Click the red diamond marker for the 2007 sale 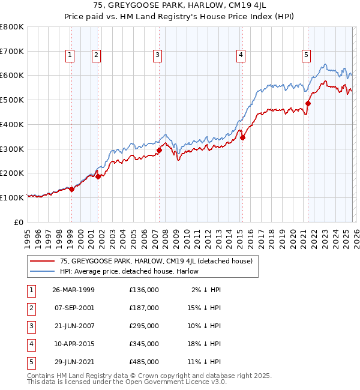159,150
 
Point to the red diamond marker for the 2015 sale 243,137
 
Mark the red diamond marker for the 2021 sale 308,103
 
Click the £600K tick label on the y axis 11,76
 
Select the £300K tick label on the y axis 11,149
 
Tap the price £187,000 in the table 144,308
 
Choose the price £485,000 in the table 144,362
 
